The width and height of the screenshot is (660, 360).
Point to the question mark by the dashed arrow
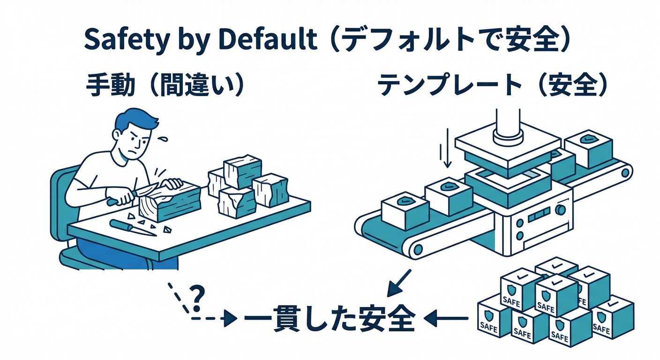197,294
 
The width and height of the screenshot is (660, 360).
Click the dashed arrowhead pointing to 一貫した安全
230,320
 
